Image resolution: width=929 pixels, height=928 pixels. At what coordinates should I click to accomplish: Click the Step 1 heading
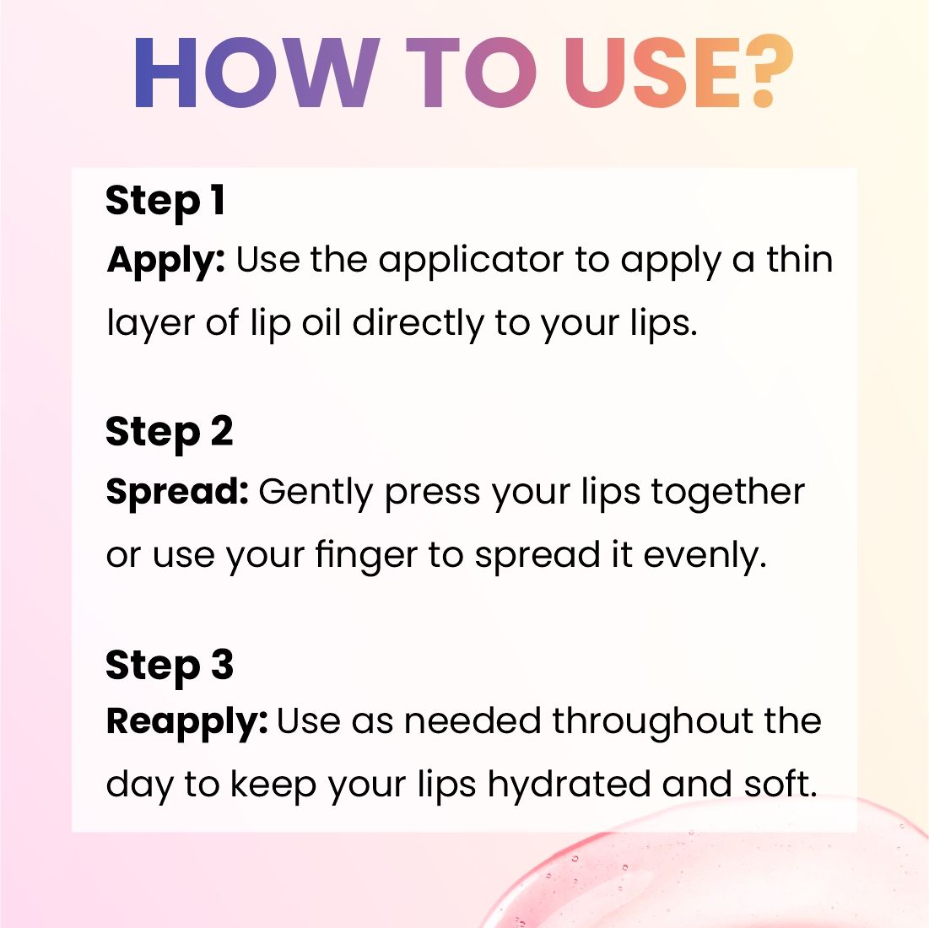[x=165, y=202]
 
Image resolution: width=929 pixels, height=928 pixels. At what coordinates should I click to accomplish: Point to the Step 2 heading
[x=170, y=433]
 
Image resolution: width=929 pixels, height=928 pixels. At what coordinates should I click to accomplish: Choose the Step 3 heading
[x=170, y=666]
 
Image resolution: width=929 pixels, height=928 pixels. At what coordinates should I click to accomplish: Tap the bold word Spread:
[x=177, y=491]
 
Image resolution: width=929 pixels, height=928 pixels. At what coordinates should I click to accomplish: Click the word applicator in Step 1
[x=471, y=262]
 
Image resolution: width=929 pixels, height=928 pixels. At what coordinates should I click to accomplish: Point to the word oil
[x=321, y=323]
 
